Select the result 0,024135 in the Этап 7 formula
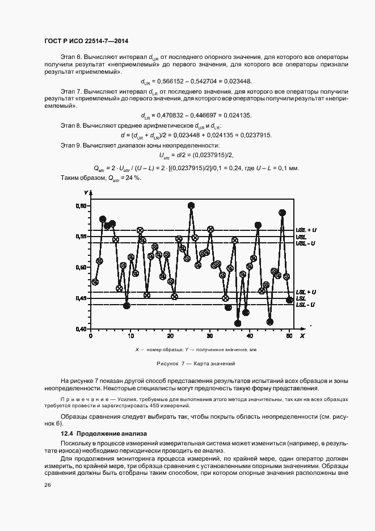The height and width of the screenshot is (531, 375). coord(237,115)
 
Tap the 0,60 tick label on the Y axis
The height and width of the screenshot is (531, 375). coord(81,206)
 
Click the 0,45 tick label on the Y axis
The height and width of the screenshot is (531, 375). coord(81,298)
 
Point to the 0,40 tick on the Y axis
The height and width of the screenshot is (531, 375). coord(81,329)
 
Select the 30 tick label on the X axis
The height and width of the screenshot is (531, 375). coord(210,336)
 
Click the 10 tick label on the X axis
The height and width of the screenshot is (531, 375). coord(130,336)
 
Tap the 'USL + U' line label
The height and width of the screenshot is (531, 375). coord(306,230)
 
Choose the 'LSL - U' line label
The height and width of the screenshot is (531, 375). coord(306,305)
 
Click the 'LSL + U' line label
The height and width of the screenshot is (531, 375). coord(306,292)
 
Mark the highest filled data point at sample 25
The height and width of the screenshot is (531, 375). coord(191,205)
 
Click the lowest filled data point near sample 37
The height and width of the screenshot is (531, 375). coord(238,323)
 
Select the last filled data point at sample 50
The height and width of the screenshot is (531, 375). coord(289,300)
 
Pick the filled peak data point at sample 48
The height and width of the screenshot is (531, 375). coord(282,213)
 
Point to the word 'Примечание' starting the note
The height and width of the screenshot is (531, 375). coord(78,400)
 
